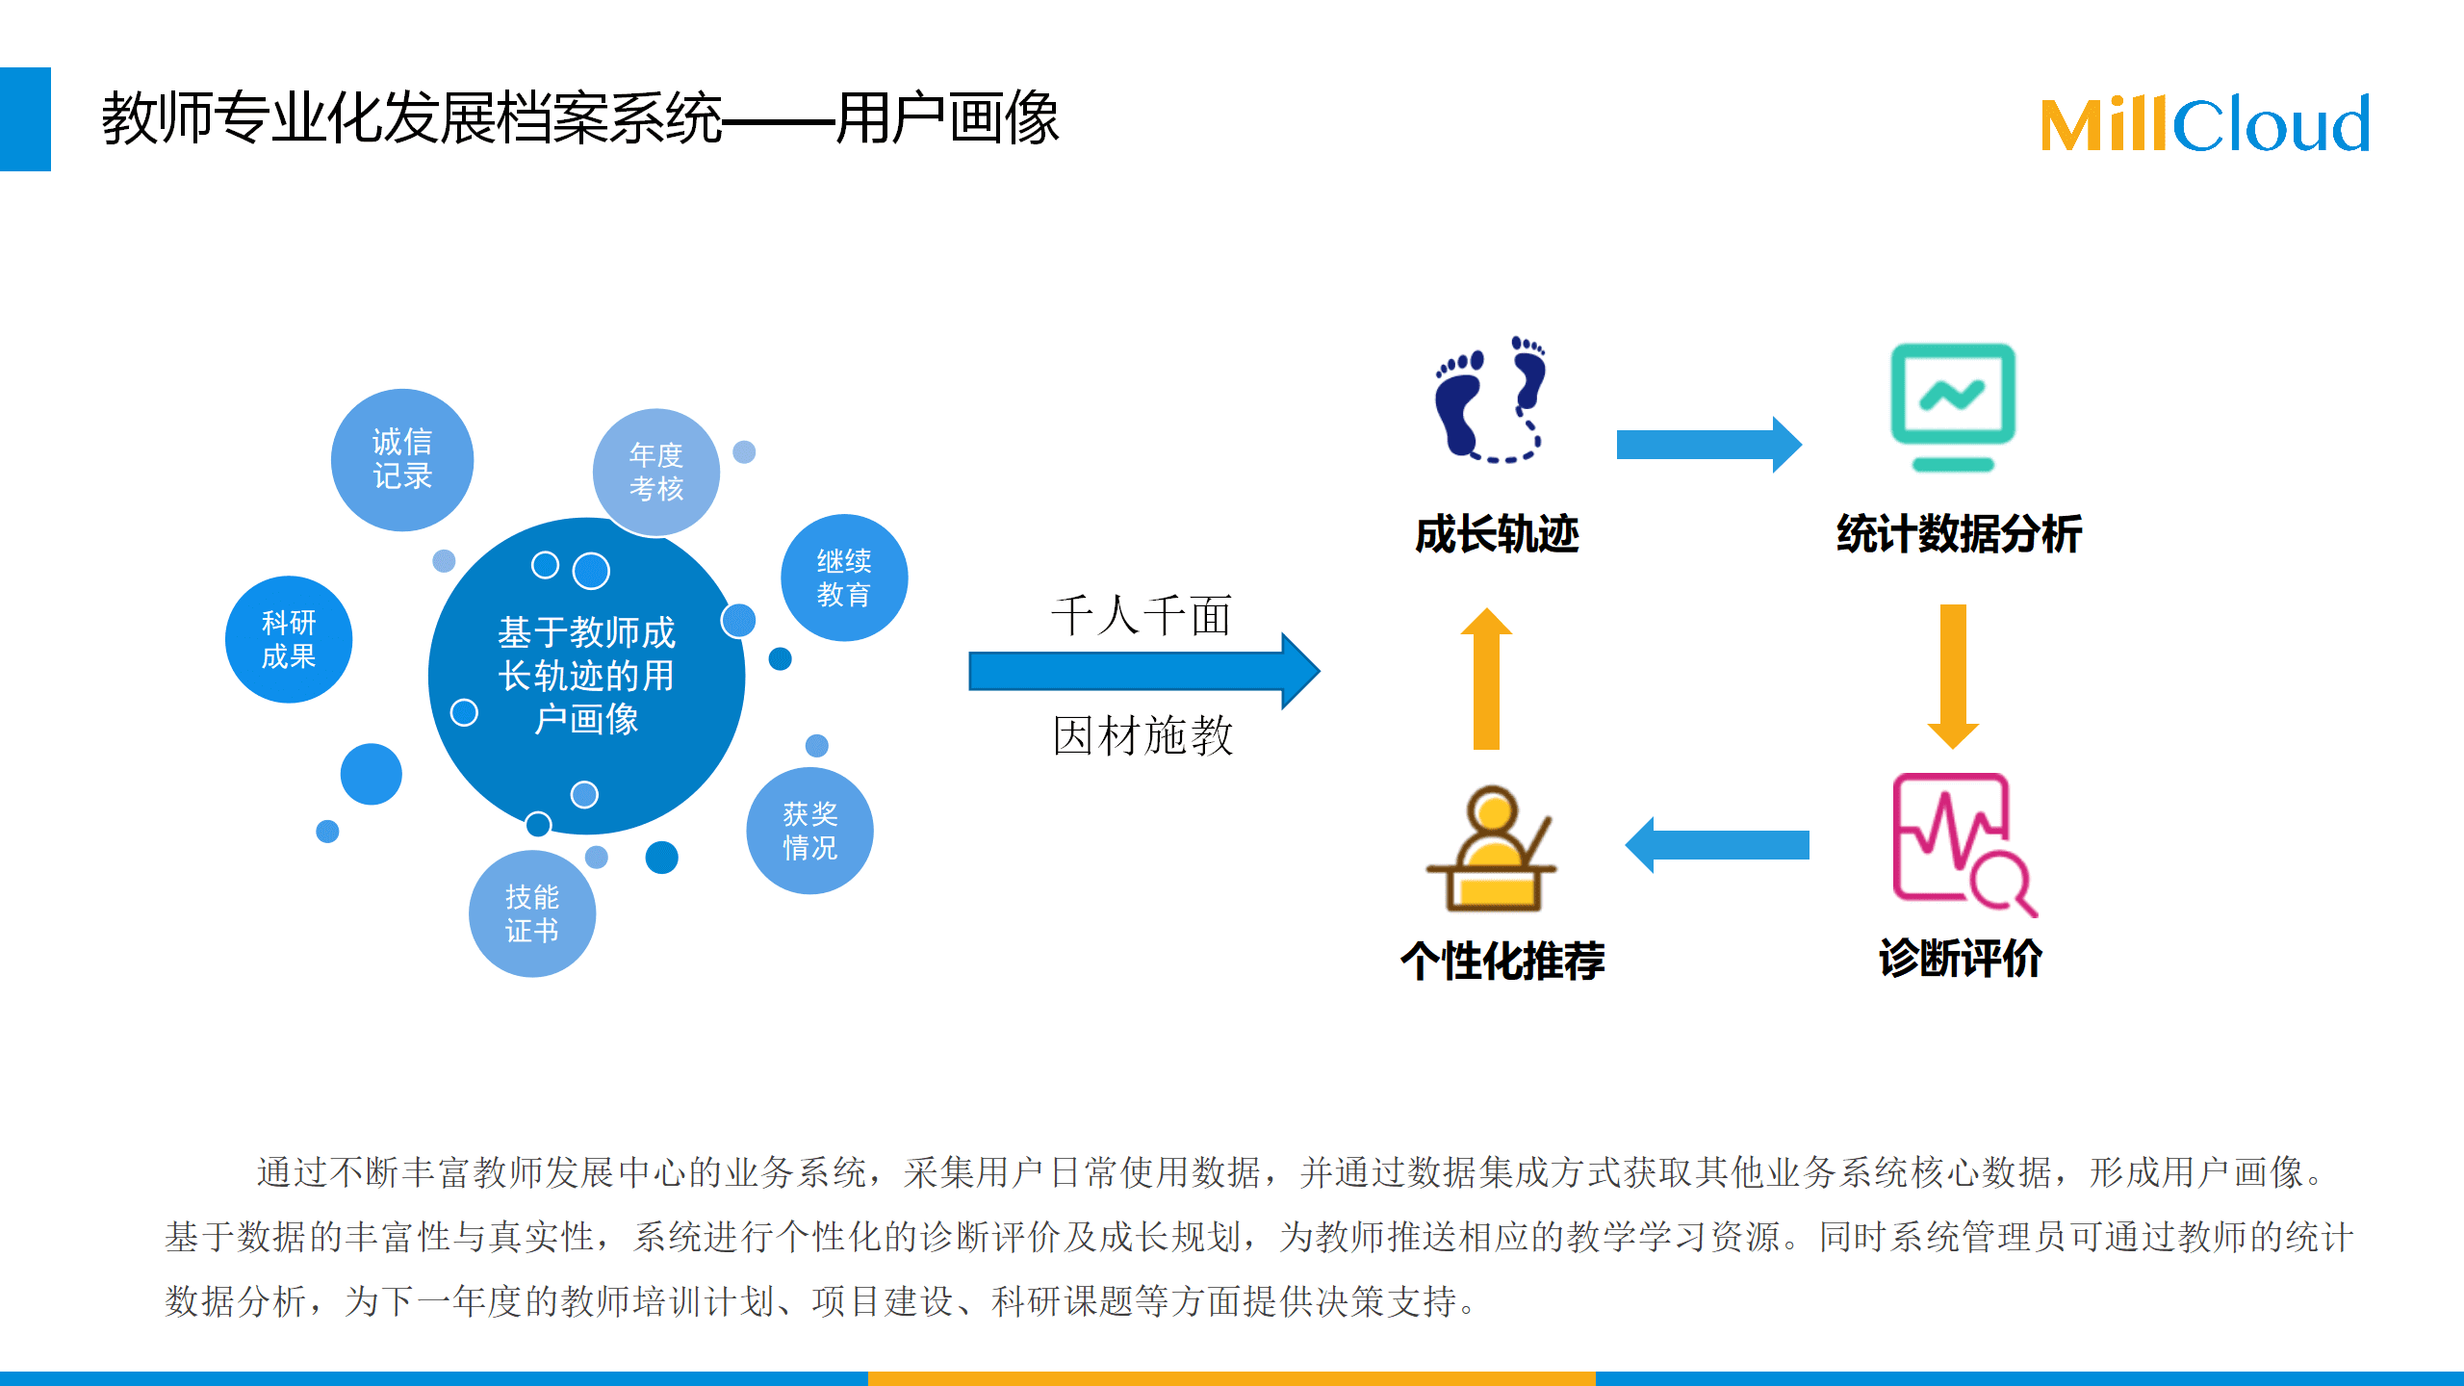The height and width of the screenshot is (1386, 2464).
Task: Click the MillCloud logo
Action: pyautogui.click(x=2204, y=124)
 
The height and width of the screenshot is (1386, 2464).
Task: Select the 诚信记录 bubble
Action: pyautogui.click(x=402, y=459)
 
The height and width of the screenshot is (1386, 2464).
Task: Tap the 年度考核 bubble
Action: pyautogui.click(x=656, y=472)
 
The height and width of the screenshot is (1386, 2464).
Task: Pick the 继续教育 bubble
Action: pyautogui.click(x=844, y=577)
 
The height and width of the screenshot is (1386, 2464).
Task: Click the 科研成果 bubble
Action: pyautogui.click(x=289, y=639)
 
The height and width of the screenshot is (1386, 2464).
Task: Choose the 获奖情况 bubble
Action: pyautogui.click(x=809, y=831)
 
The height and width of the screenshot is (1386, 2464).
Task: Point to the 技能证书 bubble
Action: pyautogui.click(x=532, y=913)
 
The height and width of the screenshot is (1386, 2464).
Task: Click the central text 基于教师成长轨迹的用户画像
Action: pyautogui.click(x=587, y=676)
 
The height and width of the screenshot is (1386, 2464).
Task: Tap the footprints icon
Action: pyautogui.click(x=1490, y=399)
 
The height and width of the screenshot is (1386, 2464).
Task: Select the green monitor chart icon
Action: pyautogui.click(x=1953, y=407)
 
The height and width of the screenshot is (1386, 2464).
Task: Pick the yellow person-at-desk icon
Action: pyautogui.click(x=1491, y=848)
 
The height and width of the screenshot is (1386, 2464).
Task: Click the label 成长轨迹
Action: pyautogui.click(x=1497, y=534)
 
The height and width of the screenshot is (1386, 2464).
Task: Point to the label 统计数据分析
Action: pyautogui.click(x=1959, y=534)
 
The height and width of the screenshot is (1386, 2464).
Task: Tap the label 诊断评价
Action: pyautogui.click(x=1961, y=959)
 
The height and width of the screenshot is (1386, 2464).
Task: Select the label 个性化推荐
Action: pyautogui.click(x=1502, y=961)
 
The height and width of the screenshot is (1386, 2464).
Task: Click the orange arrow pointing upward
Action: pyautogui.click(x=1487, y=678)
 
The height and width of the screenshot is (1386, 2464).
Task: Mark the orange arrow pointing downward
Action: pyautogui.click(x=1953, y=677)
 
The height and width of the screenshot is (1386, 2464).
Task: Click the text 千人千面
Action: pyautogui.click(x=1142, y=616)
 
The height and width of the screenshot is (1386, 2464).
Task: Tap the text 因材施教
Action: pyautogui.click(x=1142, y=736)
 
